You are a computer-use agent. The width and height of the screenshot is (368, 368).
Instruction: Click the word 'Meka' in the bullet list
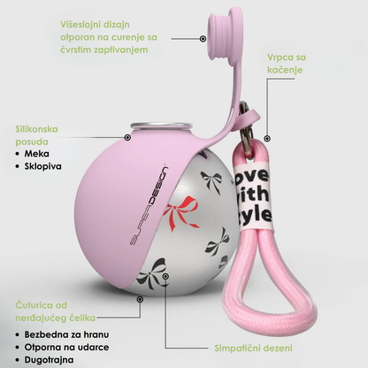pyautogui.click(x=37, y=154)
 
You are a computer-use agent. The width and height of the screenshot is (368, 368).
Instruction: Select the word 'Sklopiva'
pyautogui.click(x=43, y=166)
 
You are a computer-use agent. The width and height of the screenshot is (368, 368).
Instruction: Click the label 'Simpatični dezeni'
pyautogui.click(x=253, y=349)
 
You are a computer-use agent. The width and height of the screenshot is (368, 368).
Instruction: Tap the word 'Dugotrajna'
pyautogui.click(x=50, y=360)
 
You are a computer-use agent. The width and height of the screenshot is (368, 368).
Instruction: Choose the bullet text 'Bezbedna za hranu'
pyautogui.click(x=66, y=334)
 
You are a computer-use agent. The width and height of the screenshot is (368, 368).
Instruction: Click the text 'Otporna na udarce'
pyautogui.click(x=66, y=347)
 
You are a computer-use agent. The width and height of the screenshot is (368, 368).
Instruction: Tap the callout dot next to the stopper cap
pyautogui.click(x=203, y=38)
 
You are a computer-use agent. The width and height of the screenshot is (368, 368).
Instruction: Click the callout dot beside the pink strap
pyautogui.click(x=267, y=138)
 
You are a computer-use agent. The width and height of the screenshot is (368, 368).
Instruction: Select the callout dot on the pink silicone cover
pyautogui.click(x=127, y=137)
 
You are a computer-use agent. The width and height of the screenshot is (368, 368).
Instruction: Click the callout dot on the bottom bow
pyautogui.click(x=165, y=276)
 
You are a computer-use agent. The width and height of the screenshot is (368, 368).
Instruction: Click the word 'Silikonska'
pyautogui.click(x=36, y=129)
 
